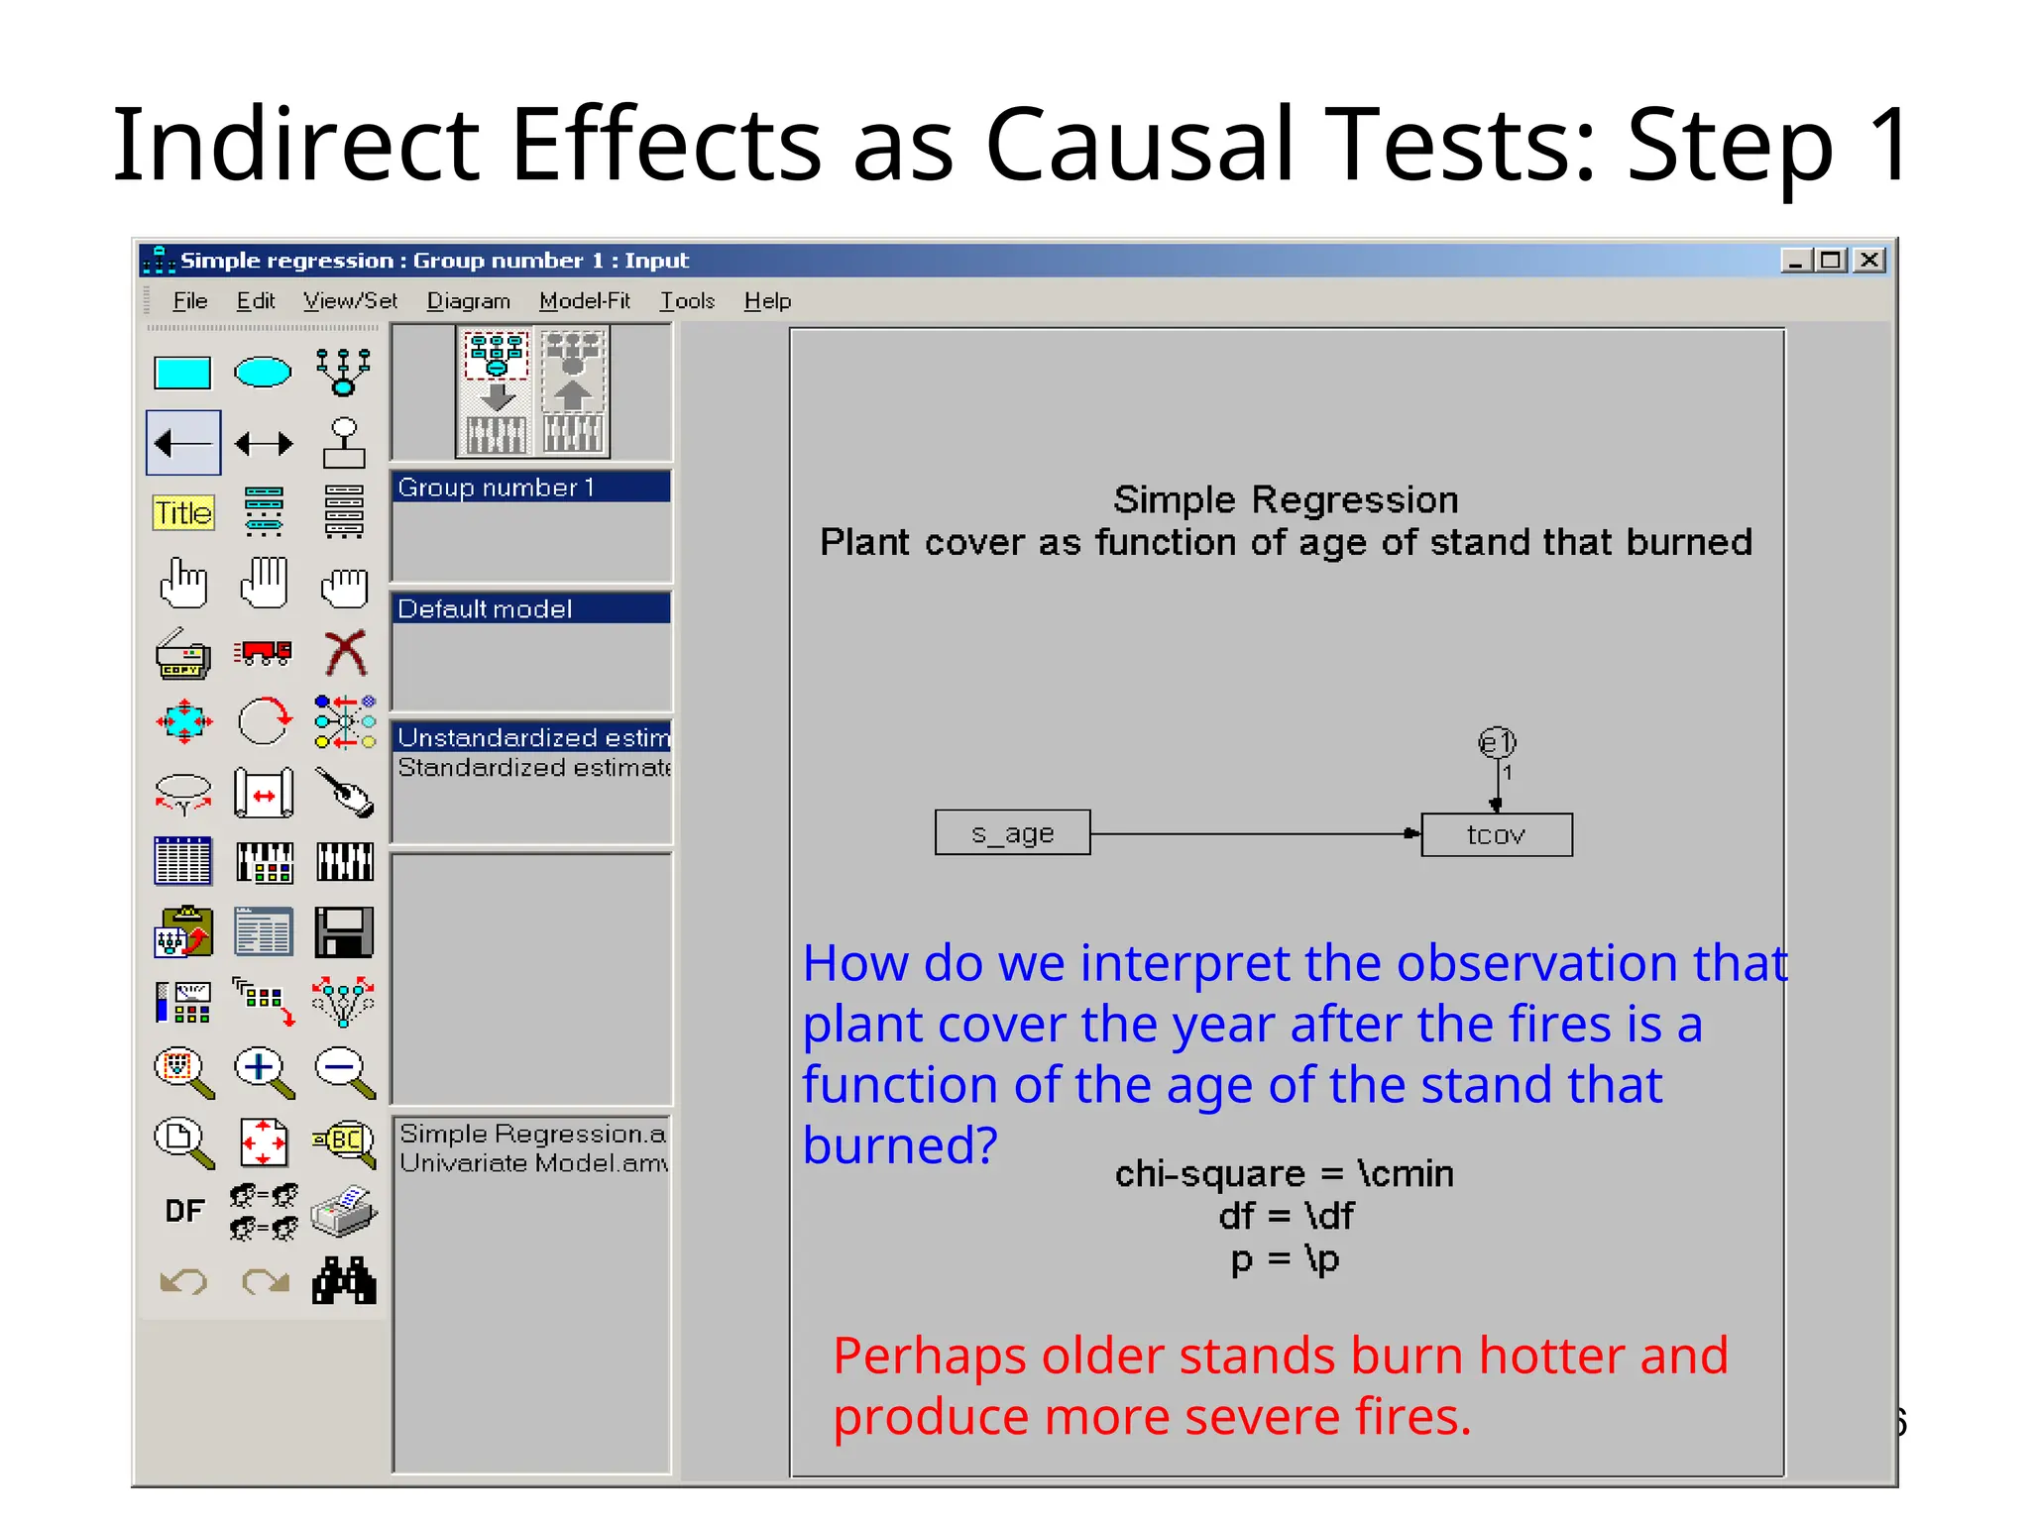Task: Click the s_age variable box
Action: pyautogui.click(x=1012, y=833)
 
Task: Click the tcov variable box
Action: pyautogui.click(x=1496, y=835)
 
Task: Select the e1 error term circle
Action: pyautogui.click(x=1497, y=742)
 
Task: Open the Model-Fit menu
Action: pyautogui.click(x=584, y=300)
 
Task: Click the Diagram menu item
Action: pyautogui.click(x=468, y=300)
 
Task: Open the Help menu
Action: pyautogui.click(x=767, y=300)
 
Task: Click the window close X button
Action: pyautogui.click(x=1869, y=261)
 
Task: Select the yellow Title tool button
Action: pyautogui.click(x=183, y=512)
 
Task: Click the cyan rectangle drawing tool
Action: pyautogui.click(x=182, y=374)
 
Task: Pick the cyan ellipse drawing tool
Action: pyautogui.click(x=263, y=373)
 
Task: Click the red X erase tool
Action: pyautogui.click(x=345, y=653)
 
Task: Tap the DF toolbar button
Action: pyautogui.click(x=184, y=1211)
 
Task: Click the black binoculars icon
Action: pyautogui.click(x=344, y=1280)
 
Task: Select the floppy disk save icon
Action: pyautogui.click(x=344, y=932)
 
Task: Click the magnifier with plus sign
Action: pyautogui.click(x=262, y=1070)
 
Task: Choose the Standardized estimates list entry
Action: pyautogui.click(x=533, y=768)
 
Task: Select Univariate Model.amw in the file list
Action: pyautogui.click(x=533, y=1163)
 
